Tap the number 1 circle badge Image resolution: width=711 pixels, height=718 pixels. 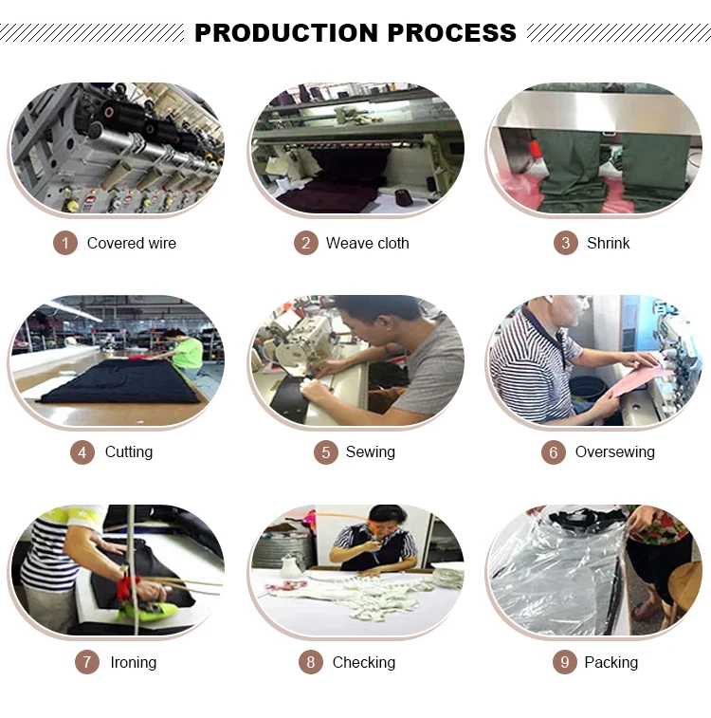(65, 243)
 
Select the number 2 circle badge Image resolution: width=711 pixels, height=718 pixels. (305, 243)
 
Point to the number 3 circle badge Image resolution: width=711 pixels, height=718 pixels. (566, 243)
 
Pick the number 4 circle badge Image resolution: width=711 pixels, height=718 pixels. (82, 452)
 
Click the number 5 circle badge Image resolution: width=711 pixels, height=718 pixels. (326, 452)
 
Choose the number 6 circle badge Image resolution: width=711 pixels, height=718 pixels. (554, 452)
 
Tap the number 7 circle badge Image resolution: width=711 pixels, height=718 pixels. (87, 662)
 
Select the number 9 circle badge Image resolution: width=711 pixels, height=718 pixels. (565, 662)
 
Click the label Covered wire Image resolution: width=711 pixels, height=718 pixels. (132, 243)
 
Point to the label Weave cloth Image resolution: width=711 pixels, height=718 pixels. (368, 243)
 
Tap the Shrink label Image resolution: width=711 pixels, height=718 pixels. (609, 243)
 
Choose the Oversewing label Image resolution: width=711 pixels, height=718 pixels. (615, 452)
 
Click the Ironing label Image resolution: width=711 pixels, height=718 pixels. (134, 662)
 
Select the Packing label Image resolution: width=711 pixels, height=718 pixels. (611, 662)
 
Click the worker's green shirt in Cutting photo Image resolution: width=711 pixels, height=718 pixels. (188, 353)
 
